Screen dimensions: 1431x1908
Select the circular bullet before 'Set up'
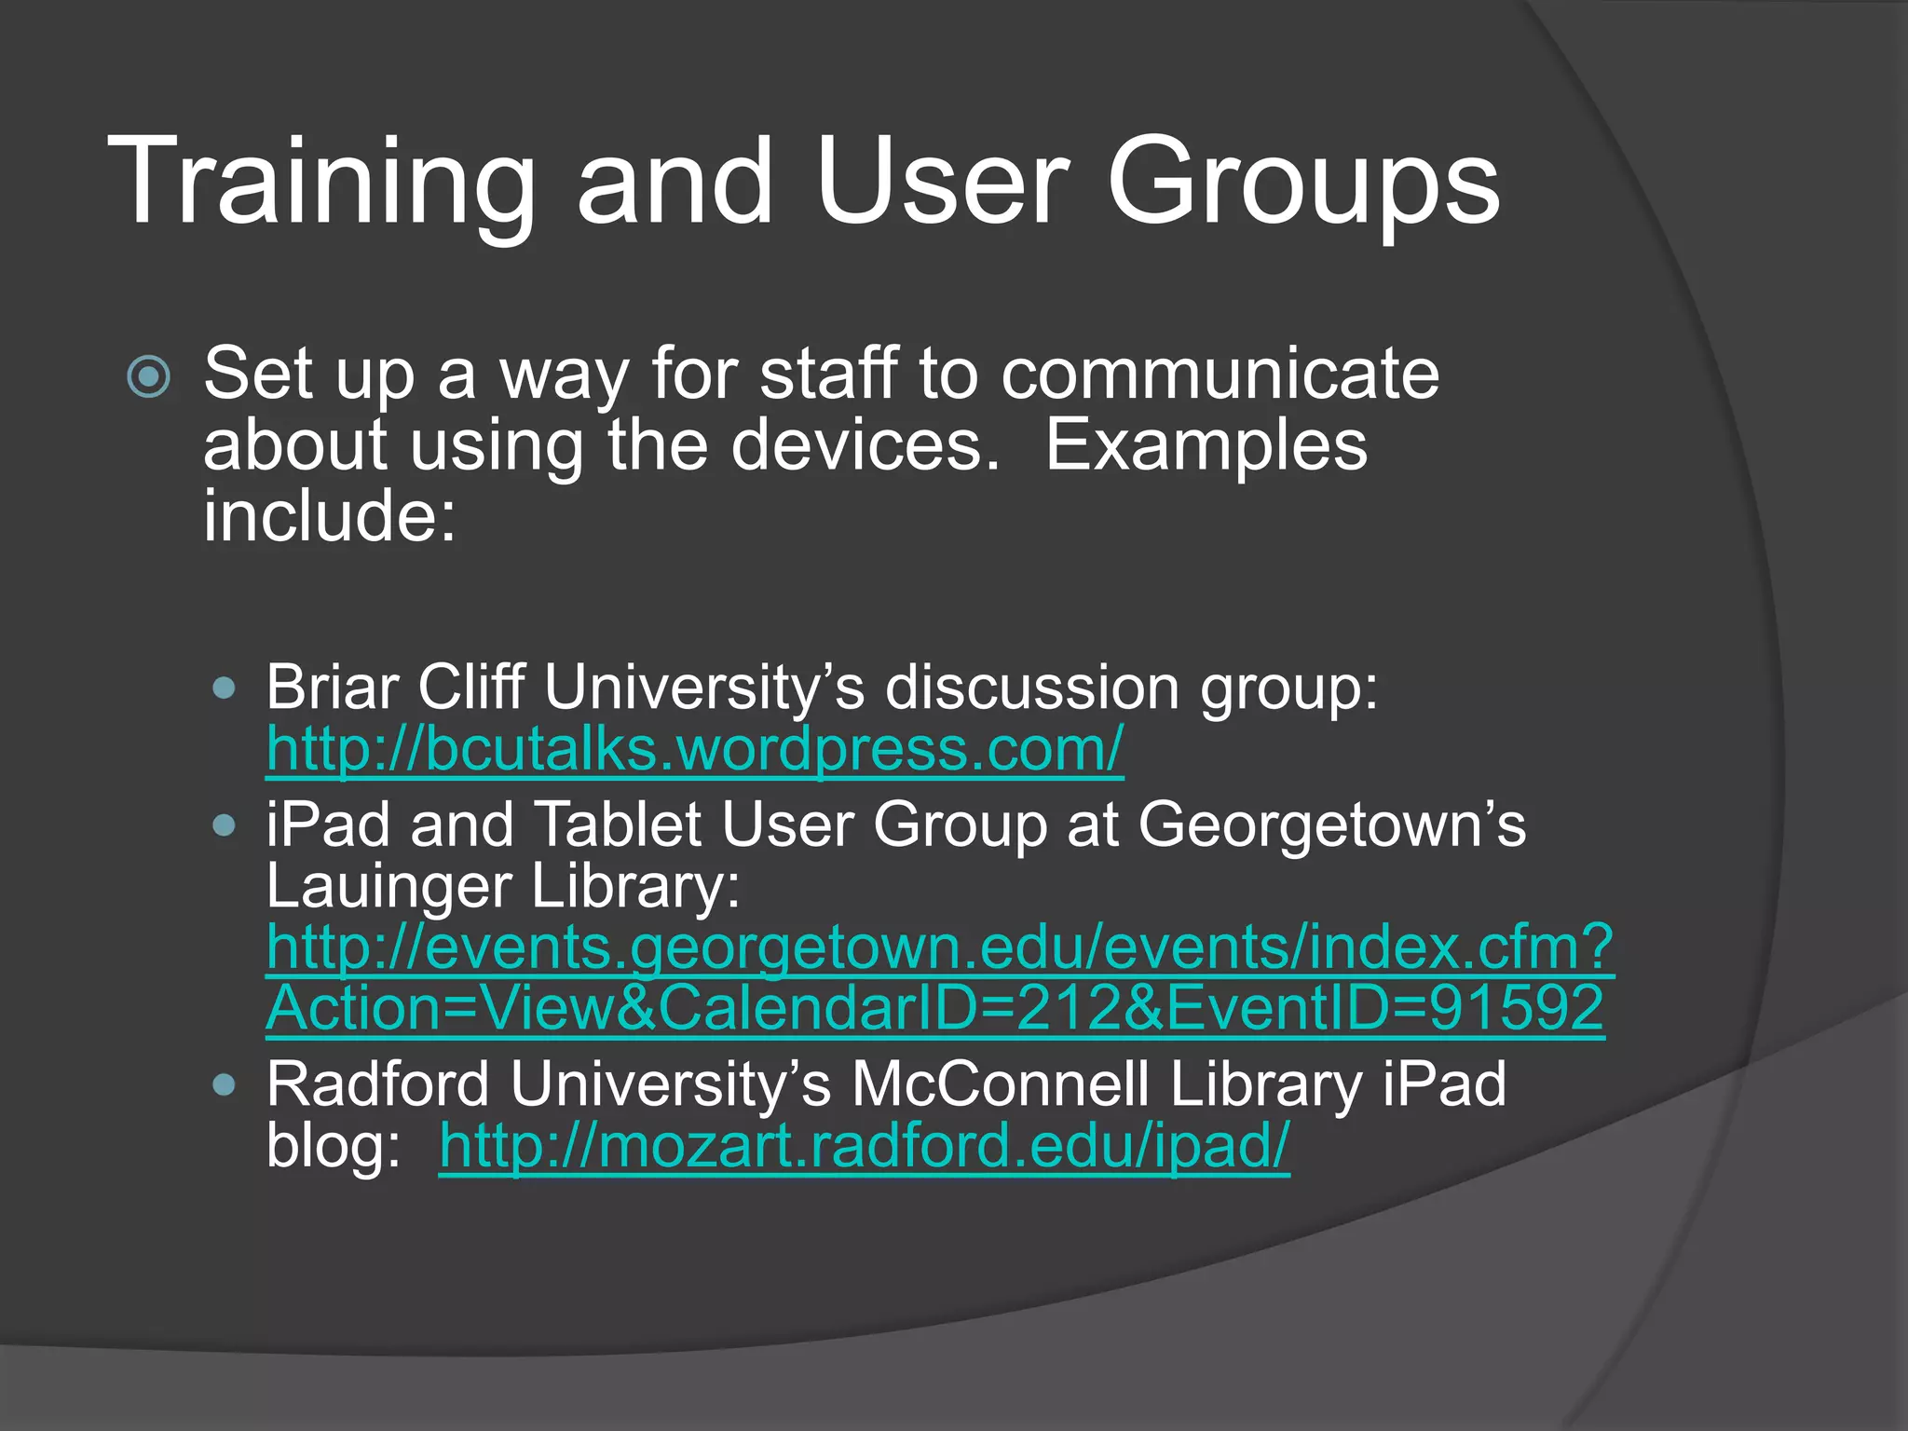click(x=149, y=377)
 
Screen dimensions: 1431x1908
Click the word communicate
click(x=1220, y=375)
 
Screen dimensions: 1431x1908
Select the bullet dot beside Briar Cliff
click(x=224, y=688)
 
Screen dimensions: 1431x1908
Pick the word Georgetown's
click(x=1331, y=825)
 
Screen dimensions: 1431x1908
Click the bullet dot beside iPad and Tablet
click(x=224, y=825)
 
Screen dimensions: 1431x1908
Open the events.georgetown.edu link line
click(x=939, y=947)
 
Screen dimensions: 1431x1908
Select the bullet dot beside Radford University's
click(x=224, y=1084)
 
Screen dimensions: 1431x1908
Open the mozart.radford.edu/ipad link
click(x=864, y=1145)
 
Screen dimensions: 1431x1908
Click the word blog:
click(x=333, y=1145)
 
